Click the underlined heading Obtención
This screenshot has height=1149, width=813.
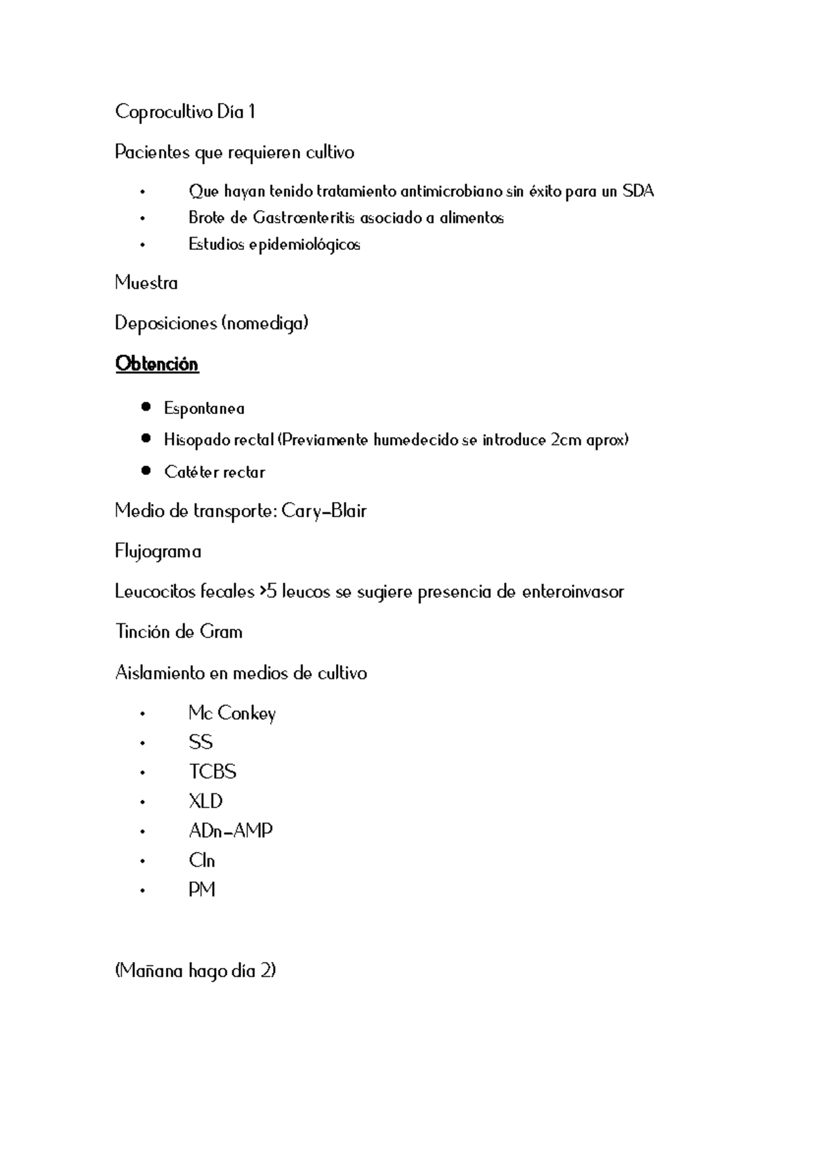click(x=157, y=364)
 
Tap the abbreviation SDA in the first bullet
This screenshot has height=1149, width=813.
click(x=638, y=192)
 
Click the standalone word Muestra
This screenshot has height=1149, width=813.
click(x=146, y=283)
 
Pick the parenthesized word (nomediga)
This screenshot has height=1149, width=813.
click(x=265, y=324)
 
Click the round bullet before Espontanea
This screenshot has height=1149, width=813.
click(x=146, y=407)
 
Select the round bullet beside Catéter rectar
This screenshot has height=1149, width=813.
click(x=146, y=471)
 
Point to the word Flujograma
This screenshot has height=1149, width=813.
click(x=158, y=552)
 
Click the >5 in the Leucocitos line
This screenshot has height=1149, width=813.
click(x=268, y=592)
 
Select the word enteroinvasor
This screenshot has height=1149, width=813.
click(x=572, y=592)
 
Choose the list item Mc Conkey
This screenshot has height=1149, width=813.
click(x=232, y=713)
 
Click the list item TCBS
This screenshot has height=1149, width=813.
click(x=212, y=772)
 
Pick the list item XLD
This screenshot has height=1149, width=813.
click(x=205, y=801)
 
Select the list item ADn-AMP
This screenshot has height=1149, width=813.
click(x=230, y=831)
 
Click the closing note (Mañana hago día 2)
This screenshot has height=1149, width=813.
click(x=195, y=972)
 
